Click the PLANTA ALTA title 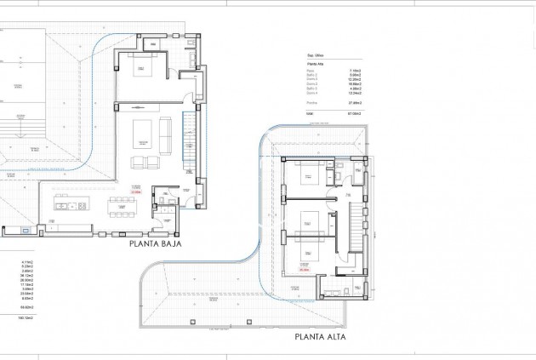click(322, 336)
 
